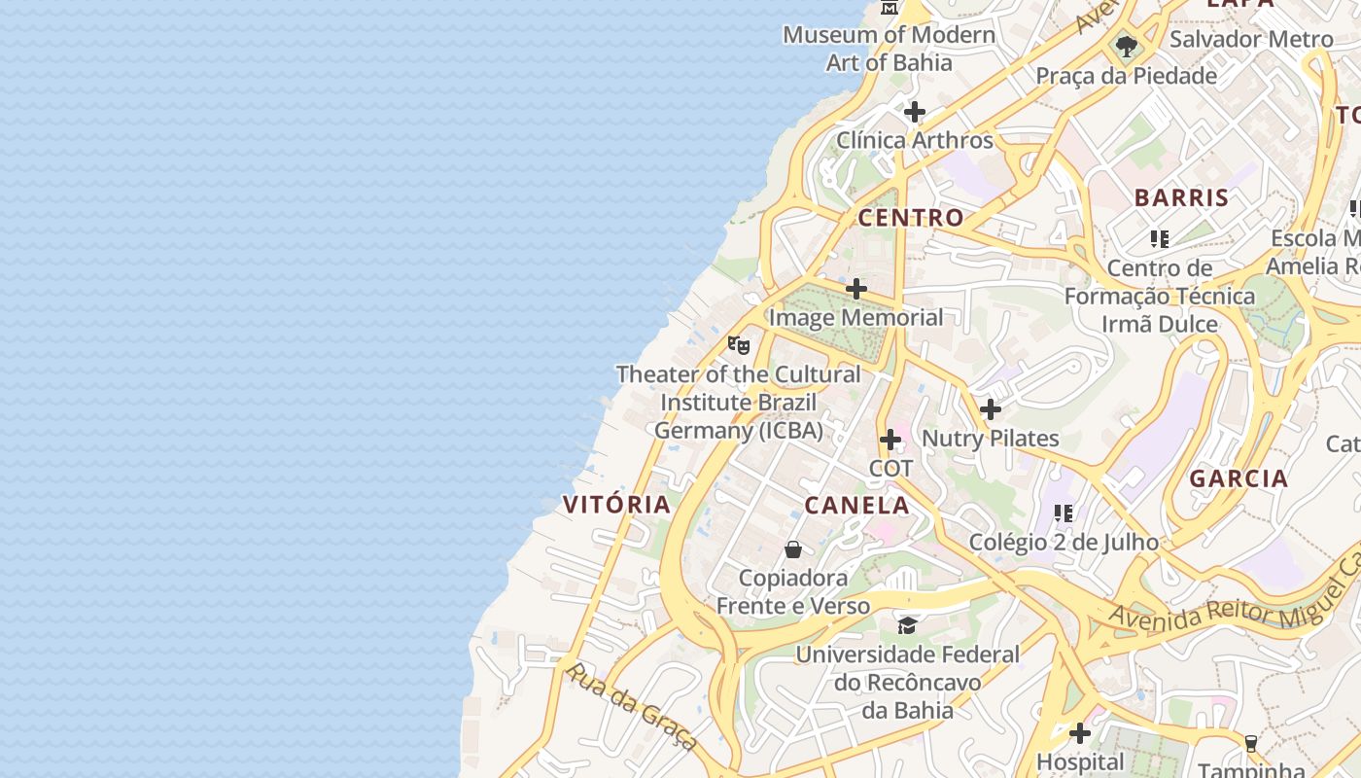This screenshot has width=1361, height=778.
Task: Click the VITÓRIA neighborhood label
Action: click(616, 504)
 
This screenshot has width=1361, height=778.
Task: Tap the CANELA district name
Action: click(856, 505)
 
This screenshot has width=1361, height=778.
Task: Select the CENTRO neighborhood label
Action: click(910, 217)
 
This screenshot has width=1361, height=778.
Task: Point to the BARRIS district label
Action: click(1181, 197)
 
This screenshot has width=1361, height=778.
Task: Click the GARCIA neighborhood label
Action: click(1239, 477)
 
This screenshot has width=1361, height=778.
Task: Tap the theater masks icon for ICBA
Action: click(739, 345)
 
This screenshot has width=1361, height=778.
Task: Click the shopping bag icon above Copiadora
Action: click(793, 549)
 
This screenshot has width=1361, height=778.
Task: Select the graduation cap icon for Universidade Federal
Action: click(907, 625)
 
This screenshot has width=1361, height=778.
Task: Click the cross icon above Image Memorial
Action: click(855, 289)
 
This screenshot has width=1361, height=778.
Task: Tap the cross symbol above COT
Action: click(890, 440)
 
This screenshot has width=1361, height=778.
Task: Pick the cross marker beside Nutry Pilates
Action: click(990, 409)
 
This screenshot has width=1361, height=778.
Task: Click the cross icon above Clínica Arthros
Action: click(914, 112)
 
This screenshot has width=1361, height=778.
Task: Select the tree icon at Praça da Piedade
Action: click(1126, 46)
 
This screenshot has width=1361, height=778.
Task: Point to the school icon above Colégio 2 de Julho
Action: click(1064, 513)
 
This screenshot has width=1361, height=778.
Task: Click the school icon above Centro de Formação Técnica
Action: click(1159, 238)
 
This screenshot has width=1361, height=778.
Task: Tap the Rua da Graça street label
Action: click(629, 706)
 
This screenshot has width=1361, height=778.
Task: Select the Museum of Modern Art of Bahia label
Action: click(889, 49)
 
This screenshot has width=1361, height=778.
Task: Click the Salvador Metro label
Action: click(1250, 39)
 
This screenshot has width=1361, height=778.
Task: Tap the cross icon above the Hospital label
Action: click(1079, 732)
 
